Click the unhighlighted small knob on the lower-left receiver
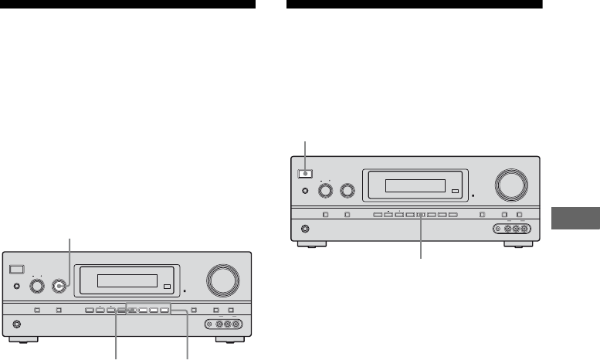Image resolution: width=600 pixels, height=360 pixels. click(36, 285)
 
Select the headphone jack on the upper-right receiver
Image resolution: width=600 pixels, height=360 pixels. click(303, 229)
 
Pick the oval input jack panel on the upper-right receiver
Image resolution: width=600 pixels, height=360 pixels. click(510, 229)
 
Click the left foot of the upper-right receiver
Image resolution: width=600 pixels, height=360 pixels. click(310, 246)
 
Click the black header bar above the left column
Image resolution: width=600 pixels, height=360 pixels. click(127, 5)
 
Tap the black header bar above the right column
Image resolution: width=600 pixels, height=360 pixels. click(414, 5)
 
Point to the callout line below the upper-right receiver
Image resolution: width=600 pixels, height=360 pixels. click(422, 239)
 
